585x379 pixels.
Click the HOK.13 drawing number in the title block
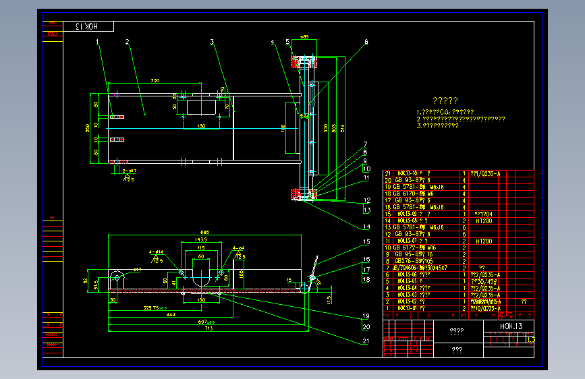[510, 326]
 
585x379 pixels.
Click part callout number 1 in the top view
[97, 42]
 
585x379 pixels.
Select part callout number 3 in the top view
[212, 42]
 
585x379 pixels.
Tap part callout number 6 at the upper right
[366, 42]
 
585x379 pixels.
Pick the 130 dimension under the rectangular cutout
[201, 126]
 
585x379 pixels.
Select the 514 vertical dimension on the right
[343, 129]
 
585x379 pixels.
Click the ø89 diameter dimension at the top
[305, 38]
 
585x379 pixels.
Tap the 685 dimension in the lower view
[205, 233]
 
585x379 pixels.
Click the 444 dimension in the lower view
[171, 315]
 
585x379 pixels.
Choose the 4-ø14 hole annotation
[156, 252]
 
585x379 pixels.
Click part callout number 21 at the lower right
[365, 341]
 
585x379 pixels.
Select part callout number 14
[365, 227]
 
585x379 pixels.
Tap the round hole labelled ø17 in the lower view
[118, 276]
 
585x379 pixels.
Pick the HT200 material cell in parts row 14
[484, 221]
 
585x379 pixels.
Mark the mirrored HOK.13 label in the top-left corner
[88, 26]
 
